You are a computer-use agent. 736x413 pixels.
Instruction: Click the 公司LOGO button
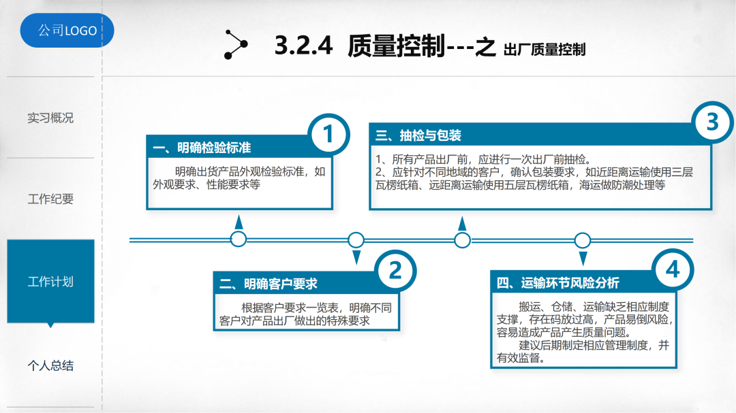67,31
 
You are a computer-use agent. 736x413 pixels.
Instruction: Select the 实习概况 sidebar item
50,118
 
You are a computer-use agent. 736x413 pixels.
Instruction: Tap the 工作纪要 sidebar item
50,199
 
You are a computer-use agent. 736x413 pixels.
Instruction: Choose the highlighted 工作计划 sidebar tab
50,282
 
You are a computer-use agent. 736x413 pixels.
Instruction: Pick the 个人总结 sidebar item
50,365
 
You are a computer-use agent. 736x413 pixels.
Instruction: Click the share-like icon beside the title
234,46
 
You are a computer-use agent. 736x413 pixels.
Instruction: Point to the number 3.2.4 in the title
303,46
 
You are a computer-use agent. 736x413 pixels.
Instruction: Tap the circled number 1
329,135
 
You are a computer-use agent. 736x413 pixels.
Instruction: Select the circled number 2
395,271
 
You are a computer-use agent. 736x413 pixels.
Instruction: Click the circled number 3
713,122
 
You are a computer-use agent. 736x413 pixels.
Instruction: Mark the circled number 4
673,270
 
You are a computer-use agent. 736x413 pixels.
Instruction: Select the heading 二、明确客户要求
269,284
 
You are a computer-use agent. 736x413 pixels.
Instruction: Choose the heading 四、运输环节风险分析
557,283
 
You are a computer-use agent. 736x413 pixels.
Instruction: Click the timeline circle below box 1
239,239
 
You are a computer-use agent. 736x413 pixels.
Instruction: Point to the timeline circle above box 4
583,239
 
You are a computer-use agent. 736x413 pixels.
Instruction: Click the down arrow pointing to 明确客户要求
356,257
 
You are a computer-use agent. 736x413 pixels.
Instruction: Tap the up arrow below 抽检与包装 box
463,223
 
